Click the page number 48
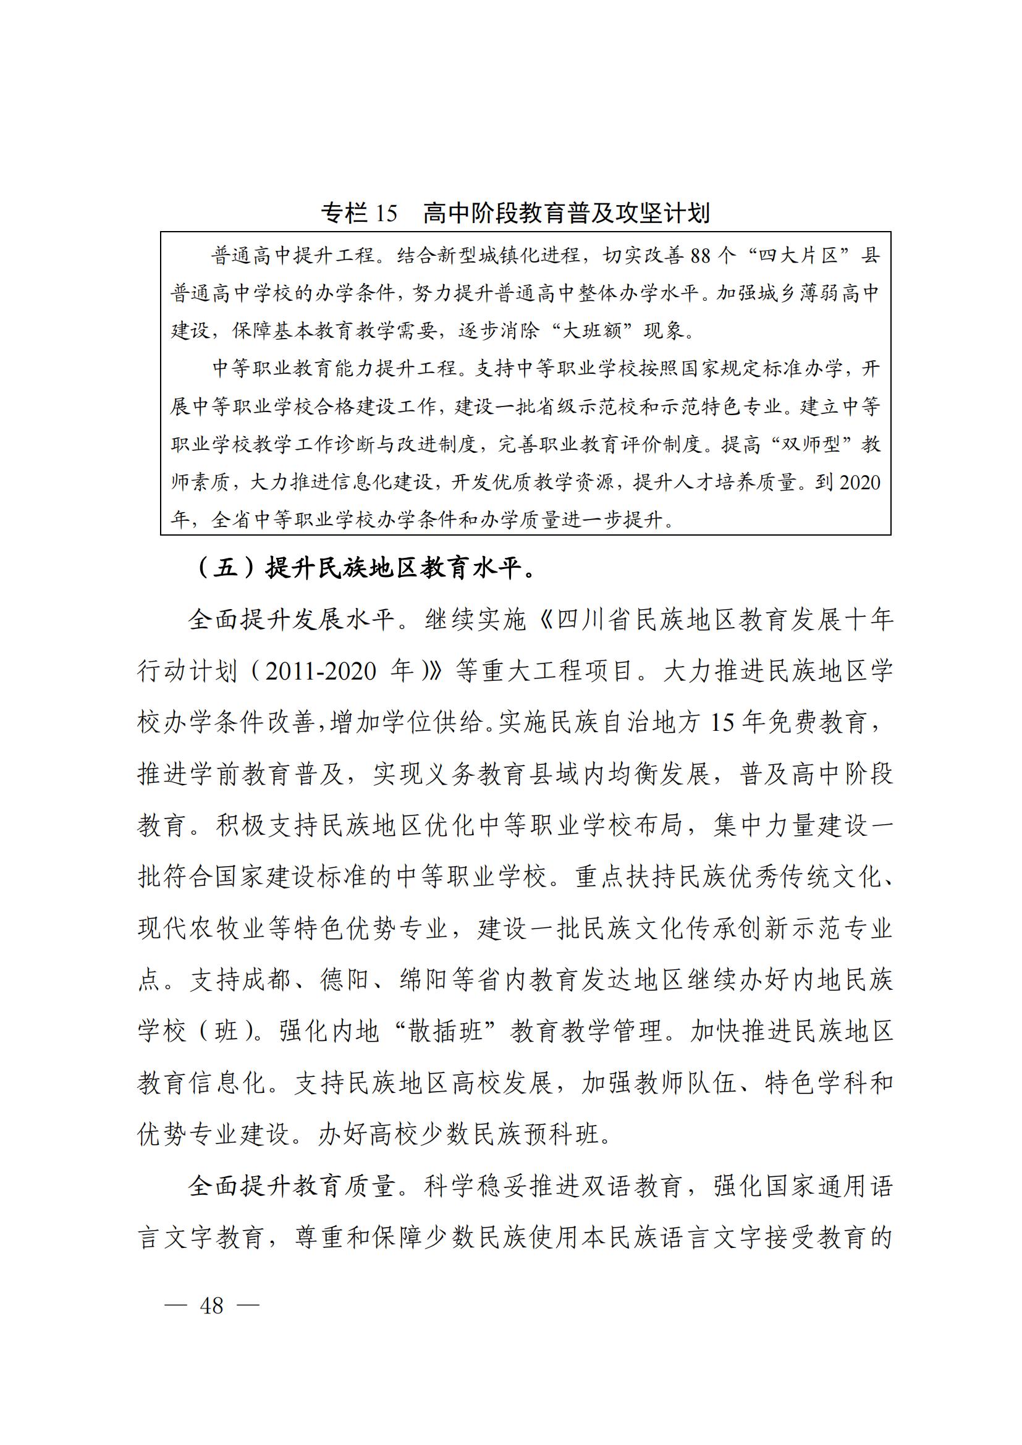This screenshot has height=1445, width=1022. click(x=211, y=1307)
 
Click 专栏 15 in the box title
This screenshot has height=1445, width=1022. click(x=360, y=214)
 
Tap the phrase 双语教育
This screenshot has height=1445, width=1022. click(x=633, y=1187)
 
